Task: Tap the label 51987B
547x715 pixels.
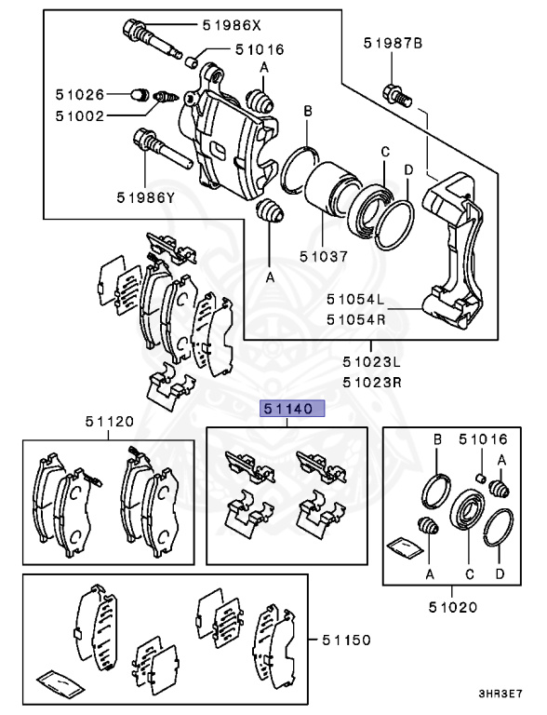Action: click(x=393, y=43)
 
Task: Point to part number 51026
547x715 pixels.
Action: click(x=81, y=94)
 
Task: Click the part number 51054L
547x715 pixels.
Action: click(x=354, y=300)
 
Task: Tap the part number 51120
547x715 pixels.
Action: click(x=111, y=422)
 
